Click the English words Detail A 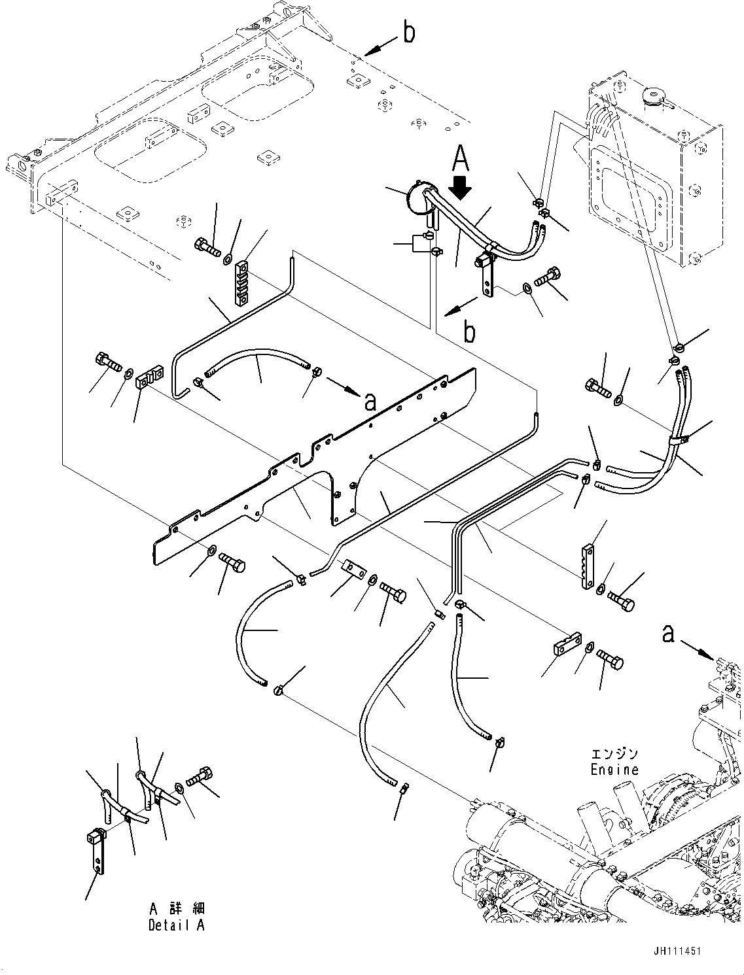coord(176,925)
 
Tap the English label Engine coord(614,770)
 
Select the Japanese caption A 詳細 coord(176,909)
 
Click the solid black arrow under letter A coord(461,187)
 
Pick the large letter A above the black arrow coord(461,158)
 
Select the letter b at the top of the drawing coord(409,33)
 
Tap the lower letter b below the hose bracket coord(469,332)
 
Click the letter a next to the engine coord(668,633)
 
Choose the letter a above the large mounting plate coord(370,402)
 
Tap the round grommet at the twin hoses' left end coord(417,196)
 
